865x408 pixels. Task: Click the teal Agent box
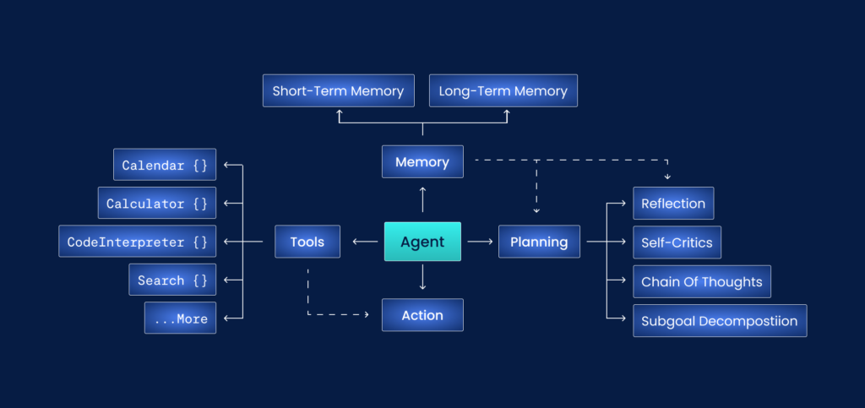point(422,242)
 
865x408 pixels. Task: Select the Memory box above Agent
point(422,161)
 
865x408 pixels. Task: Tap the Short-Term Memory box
point(338,90)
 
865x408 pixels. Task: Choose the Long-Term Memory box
point(503,90)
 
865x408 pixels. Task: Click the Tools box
point(307,242)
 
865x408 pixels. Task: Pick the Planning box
point(539,242)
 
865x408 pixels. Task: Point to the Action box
point(422,315)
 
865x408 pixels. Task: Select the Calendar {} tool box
point(165,165)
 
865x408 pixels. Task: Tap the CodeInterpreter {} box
point(137,242)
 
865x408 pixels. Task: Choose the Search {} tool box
point(172,280)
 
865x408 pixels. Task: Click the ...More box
point(180,318)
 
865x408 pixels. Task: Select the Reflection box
point(673,204)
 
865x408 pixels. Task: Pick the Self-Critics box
point(677,242)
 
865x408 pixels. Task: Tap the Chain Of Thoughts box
point(701,281)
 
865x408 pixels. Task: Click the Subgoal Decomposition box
point(720,321)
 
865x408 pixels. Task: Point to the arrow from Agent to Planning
point(480,242)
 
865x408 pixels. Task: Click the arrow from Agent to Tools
point(365,242)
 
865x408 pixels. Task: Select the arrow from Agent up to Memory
point(422,199)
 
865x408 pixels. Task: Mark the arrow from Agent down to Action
point(422,277)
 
